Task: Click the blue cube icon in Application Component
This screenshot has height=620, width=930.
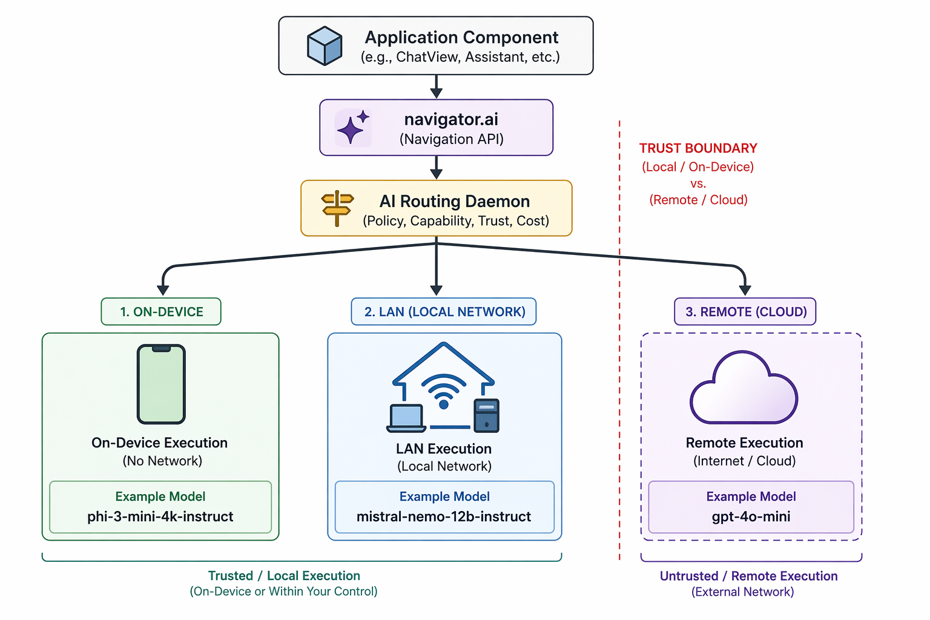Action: coord(325,46)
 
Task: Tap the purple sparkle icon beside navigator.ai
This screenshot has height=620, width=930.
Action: coord(352,128)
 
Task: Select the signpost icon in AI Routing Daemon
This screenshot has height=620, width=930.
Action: coord(337,208)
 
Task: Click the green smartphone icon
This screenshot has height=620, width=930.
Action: coord(161,384)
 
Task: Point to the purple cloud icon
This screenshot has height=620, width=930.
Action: coord(744,391)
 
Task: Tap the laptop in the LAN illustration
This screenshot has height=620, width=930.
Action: coord(406,418)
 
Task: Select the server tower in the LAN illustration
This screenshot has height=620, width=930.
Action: coord(486,415)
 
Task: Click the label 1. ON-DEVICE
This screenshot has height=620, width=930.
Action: coord(161,312)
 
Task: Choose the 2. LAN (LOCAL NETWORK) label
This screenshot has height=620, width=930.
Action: coord(444,312)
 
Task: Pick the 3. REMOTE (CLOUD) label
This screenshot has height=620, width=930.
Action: coord(745,312)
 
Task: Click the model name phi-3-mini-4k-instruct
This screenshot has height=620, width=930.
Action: coord(160,516)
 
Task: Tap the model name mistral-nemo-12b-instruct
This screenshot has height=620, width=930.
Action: coord(444,516)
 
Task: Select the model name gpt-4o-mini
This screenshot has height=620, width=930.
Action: coord(751,516)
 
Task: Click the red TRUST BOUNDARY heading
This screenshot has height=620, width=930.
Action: coord(698,148)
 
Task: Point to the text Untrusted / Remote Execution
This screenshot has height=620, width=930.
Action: coord(748,576)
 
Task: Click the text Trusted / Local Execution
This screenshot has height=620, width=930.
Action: coord(284,576)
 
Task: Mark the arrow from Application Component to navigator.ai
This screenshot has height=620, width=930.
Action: coord(436,87)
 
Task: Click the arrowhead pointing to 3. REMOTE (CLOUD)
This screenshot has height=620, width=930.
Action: coord(745,290)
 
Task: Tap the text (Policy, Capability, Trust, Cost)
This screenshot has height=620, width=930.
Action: coord(455,221)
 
